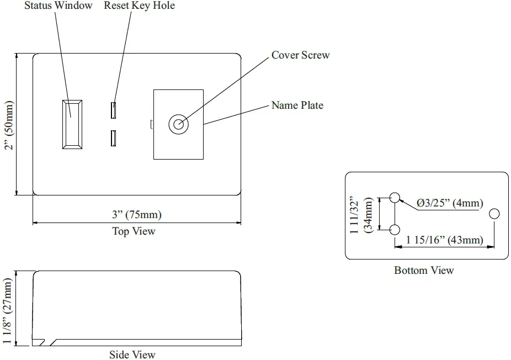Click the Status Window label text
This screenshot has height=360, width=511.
point(58,6)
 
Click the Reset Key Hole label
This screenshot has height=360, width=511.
point(139,6)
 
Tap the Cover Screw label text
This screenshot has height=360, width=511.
point(300,55)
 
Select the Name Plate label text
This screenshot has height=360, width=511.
point(297,105)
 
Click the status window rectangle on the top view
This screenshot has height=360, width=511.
point(72,124)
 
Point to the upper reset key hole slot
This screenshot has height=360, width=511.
point(113,110)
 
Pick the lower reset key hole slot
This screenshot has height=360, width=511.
point(113,138)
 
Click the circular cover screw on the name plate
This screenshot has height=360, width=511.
point(178,124)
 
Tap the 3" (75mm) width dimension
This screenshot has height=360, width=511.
point(137,215)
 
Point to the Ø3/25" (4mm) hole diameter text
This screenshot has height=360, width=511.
point(450,203)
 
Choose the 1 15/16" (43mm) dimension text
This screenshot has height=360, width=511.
point(445,240)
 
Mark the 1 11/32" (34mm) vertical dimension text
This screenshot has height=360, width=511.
point(362,214)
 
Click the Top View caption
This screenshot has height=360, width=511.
point(134,231)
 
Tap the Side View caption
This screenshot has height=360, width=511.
point(132,354)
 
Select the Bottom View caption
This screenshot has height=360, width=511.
point(424,270)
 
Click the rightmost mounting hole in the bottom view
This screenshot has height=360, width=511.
point(494,214)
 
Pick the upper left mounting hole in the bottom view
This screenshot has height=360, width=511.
point(395,197)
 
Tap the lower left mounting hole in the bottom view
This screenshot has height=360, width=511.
point(395,230)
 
